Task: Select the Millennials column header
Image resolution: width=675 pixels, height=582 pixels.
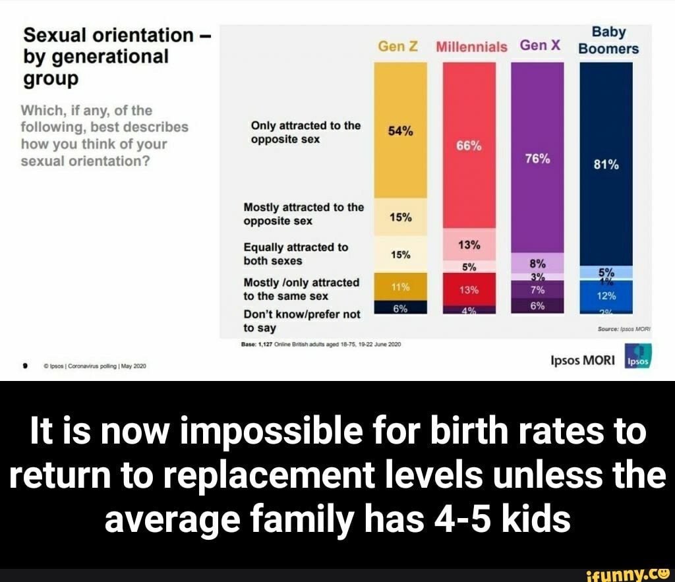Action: click(471, 47)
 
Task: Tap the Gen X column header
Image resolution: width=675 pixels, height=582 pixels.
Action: click(540, 45)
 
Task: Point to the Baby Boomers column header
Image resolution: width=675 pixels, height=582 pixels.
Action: click(608, 40)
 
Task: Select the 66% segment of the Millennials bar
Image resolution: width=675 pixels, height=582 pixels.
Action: click(469, 146)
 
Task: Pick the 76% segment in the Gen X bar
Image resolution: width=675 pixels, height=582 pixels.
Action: click(537, 159)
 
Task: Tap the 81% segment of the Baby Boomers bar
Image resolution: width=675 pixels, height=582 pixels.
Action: click(606, 165)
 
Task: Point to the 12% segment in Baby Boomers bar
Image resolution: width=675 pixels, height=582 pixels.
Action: click(606, 295)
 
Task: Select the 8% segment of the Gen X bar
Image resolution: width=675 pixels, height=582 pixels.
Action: click(537, 262)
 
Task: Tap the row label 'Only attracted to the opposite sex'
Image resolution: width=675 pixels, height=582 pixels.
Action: click(305, 132)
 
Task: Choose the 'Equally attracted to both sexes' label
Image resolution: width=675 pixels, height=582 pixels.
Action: click(296, 254)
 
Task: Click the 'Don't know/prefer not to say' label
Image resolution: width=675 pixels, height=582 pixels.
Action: click(302, 321)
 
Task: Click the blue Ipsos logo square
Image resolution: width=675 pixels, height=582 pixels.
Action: click(637, 356)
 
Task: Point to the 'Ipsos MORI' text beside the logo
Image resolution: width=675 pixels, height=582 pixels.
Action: click(582, 360)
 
